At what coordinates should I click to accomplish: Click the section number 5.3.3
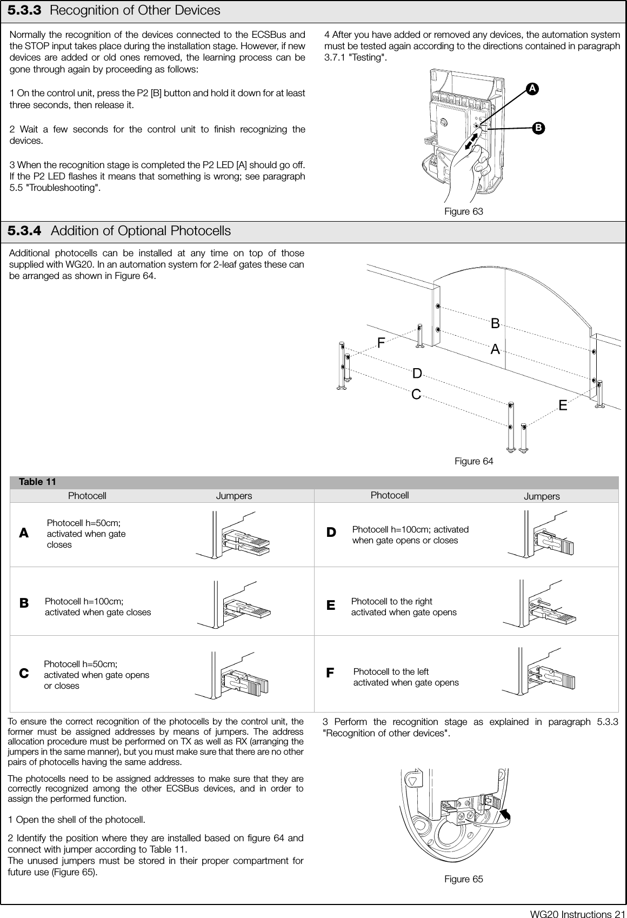(x=24, y=10)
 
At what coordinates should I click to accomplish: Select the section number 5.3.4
(x=24, y=231)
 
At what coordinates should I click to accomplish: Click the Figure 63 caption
(x=463, y=211)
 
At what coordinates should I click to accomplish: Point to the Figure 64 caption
(x=473, y=461)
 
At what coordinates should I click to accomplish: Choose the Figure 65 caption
(x=463, y=879)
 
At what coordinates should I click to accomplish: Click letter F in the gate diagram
(x=381, y=343)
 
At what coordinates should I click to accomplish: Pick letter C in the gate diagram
(x=416, y=395)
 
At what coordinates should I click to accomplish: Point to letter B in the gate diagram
(x=495, y=324)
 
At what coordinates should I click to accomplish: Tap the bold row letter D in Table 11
(x=331, y=533)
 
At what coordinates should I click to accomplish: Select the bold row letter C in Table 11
(x=24, y=674)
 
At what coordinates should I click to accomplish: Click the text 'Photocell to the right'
(x=391, y=601)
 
